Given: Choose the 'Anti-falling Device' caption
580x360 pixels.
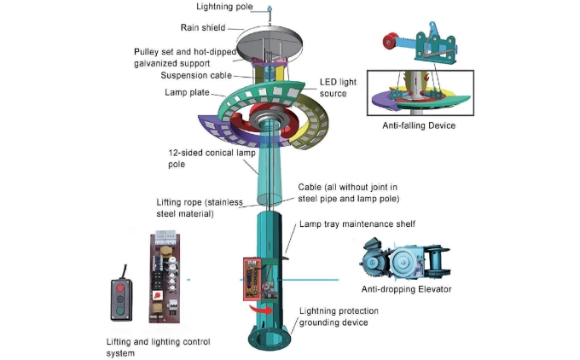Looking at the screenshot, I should pos(420,126).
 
